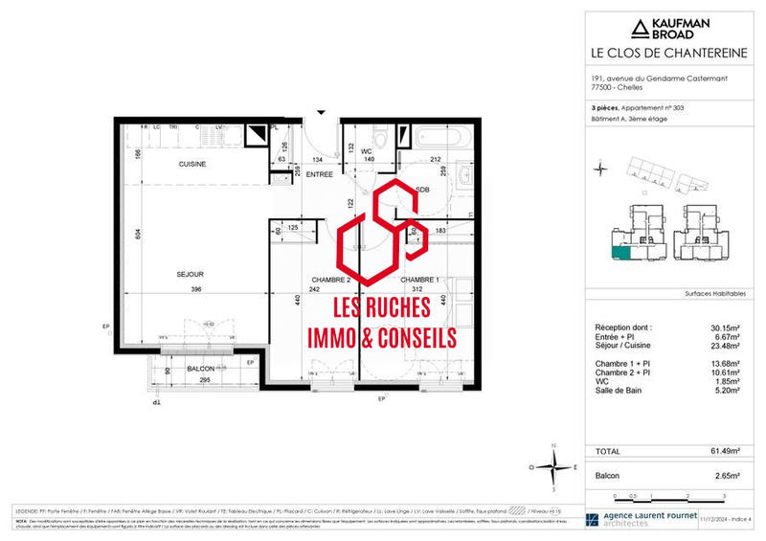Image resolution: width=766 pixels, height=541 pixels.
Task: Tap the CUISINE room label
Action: pyautogui.click(x=192, y=164)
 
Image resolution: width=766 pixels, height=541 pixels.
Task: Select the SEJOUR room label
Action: pyautogui.click(x=190, y=274)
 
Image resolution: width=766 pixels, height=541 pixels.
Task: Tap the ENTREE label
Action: pyautogui.click(x=319, y=174)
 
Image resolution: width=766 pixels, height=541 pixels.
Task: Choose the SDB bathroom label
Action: pyautogui.click(x=422, y=190)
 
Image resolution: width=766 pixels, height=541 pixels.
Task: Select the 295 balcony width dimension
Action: pyautogui.click(x=203, y=381)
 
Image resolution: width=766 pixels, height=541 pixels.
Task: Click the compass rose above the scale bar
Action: pyautogui.click(x=553, y=467)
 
